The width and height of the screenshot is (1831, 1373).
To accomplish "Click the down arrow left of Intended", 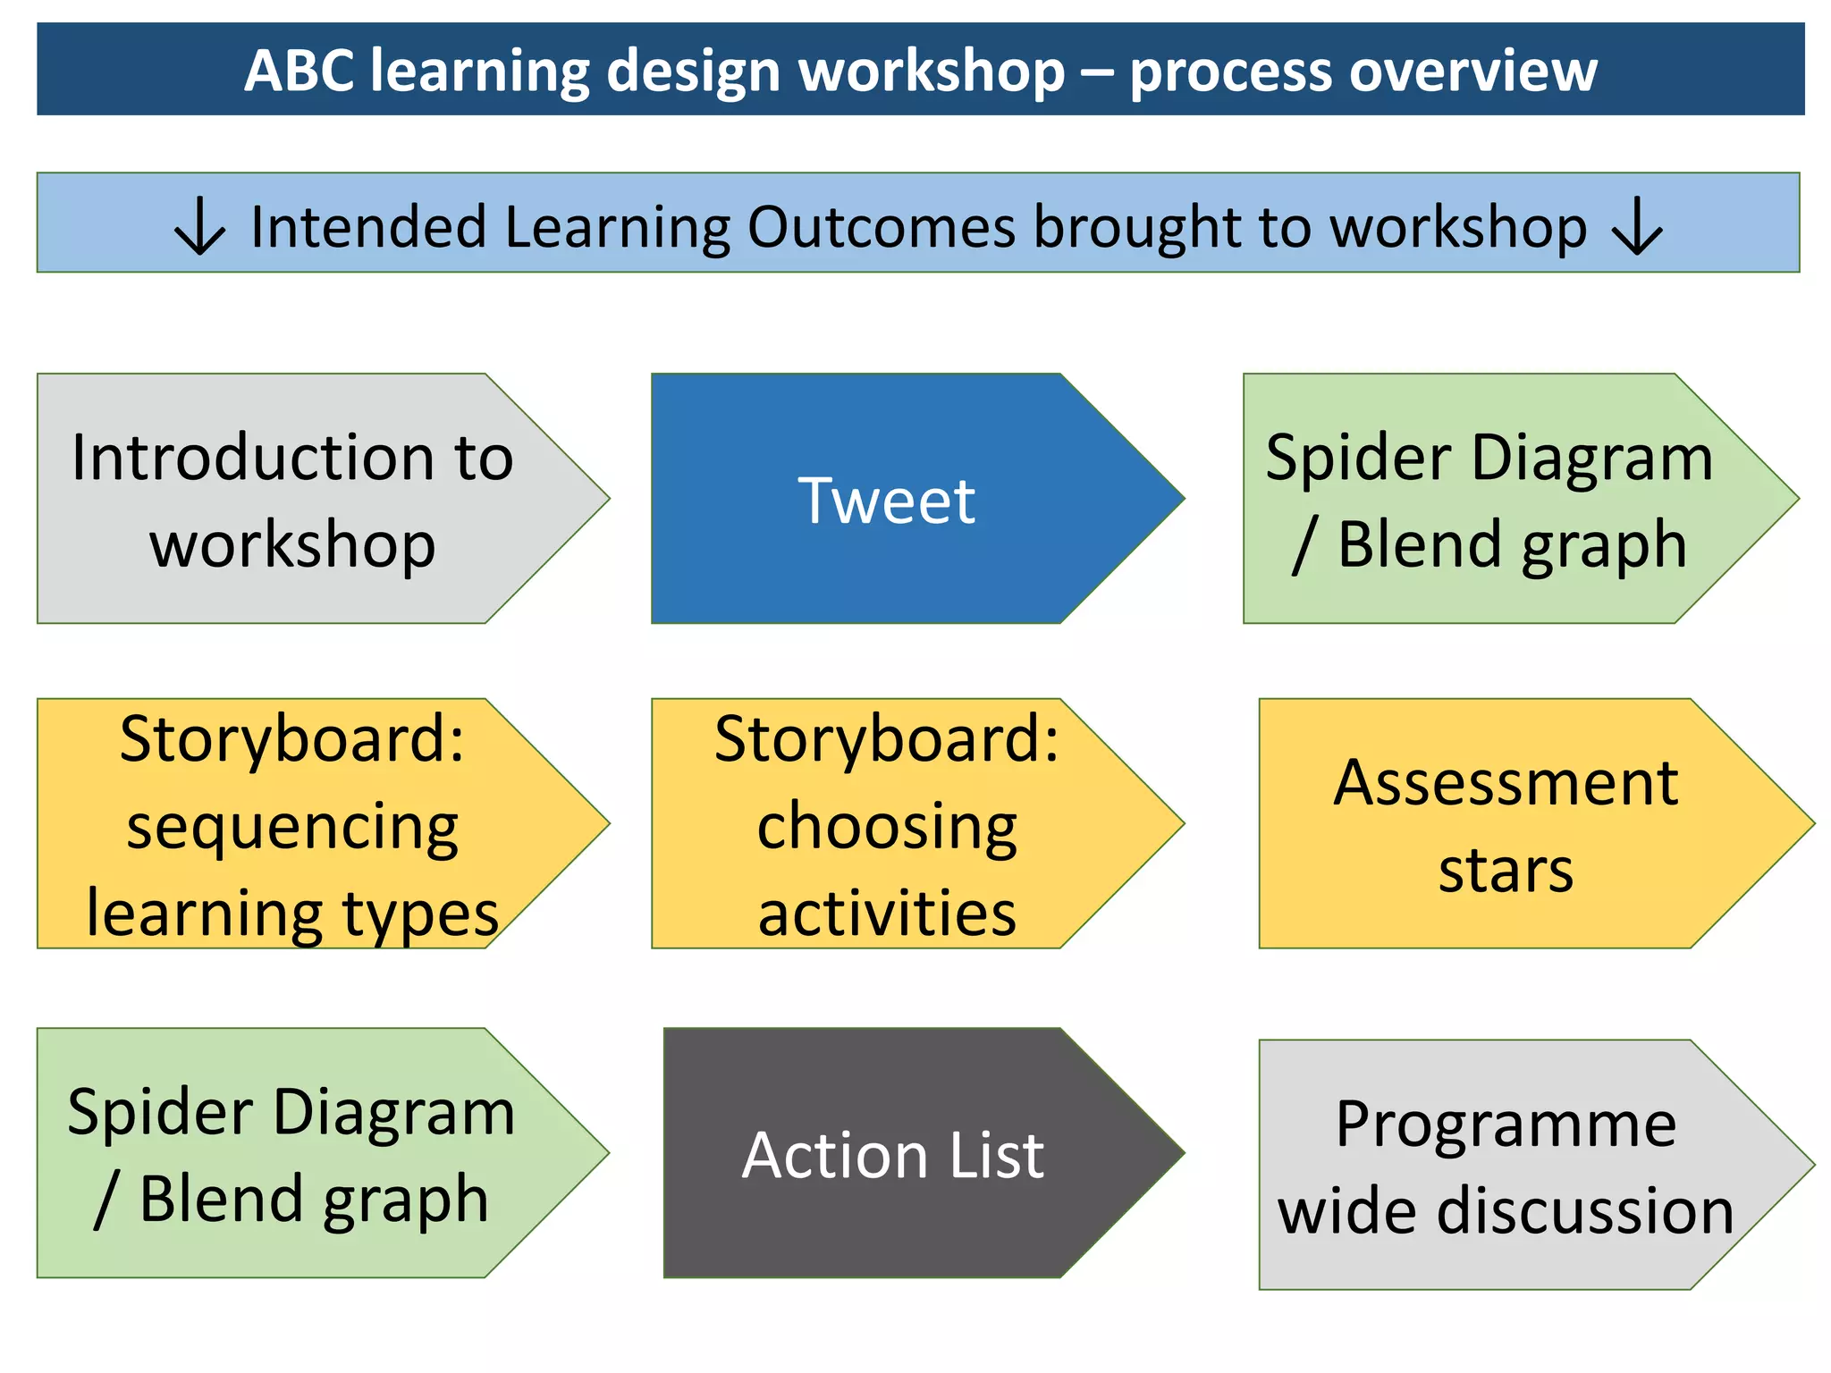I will pos(199,227).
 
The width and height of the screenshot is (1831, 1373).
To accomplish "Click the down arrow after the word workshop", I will pos(1636,227).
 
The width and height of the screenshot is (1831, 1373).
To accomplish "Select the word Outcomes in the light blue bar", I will pos(882,227).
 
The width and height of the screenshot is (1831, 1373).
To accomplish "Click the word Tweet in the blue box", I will pos(886,501).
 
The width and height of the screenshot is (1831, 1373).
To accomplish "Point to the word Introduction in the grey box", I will pos(241,458).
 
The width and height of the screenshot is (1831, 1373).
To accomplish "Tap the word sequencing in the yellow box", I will pos(292,826).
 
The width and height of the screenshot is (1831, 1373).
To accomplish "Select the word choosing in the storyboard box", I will pos(886,826).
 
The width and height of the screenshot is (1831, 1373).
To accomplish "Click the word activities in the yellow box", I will pos(886,914).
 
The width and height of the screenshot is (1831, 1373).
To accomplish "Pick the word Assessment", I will pos(1505,783).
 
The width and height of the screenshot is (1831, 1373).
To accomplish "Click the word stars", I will pos(1505,871).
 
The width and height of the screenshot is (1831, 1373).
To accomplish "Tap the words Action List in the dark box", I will pos(892,1156).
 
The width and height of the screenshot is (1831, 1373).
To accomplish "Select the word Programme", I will pos(1505,1124).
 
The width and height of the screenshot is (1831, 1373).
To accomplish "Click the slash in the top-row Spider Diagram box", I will pos(1304,545).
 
